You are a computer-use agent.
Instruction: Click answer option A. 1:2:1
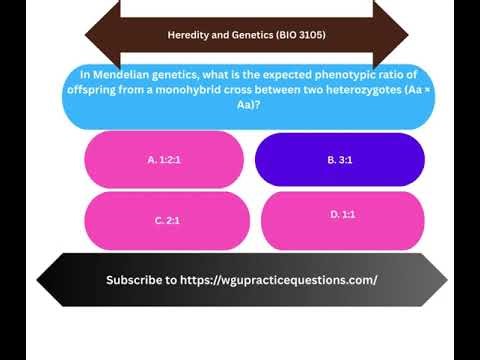click(x=164, y=159)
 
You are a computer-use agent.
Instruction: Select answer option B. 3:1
click(x=340, y=159)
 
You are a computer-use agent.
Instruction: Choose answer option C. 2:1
click(x=166, y=219)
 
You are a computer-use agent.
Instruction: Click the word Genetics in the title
click(x=246, y=36)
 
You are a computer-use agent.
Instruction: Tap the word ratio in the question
click(x=363, y=76)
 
